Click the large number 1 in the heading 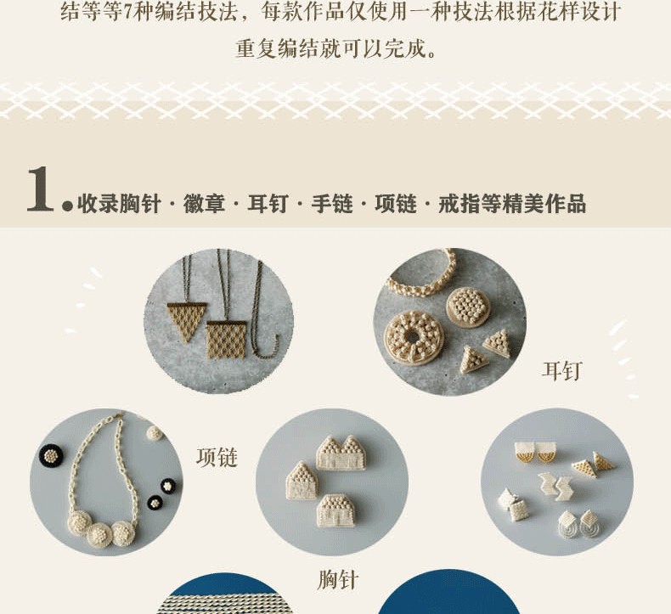[x=41, y=189]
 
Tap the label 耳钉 [x=562, y=370]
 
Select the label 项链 [x=217, y=457]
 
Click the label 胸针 [x=338, y=580]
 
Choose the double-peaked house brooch [x=341, y=453]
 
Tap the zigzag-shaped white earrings [x=555, y=486]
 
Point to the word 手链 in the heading [x=332, y=203]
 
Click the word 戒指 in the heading [x=460, y=203]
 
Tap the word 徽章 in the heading [x=204, y=203]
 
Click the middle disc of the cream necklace [x=99, y=535]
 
